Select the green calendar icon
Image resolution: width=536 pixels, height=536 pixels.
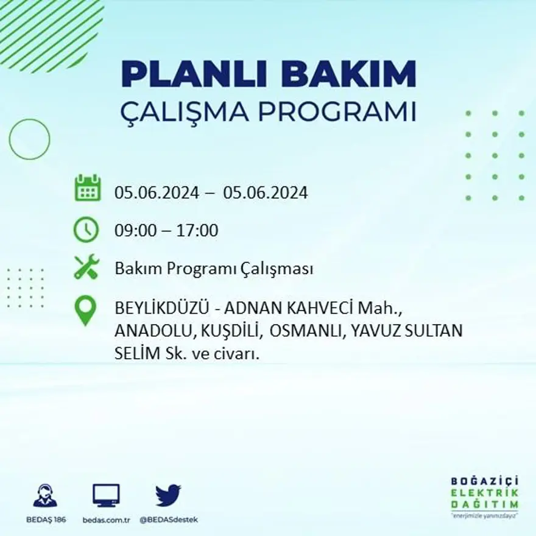[x=88, y=188]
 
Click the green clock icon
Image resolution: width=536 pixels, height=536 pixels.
[x=86, y=230]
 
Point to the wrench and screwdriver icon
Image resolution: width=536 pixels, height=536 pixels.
[x=86, y=267]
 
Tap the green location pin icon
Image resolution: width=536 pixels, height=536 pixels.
[x=85, y=309]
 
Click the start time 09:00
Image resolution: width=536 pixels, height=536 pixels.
[x=133, y=231]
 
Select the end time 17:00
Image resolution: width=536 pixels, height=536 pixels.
[x=197, y=231]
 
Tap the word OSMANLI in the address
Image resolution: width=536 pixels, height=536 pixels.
[x=297, y=331]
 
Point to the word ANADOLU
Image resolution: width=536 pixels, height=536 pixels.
[x=152, y=331]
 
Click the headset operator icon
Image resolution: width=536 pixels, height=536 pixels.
[x=45, y=496]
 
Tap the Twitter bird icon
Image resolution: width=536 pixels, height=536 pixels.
[x=168, y=495]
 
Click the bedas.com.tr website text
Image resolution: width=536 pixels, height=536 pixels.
[x=106, y=520]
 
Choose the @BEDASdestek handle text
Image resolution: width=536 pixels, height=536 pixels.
[x=169, y=520]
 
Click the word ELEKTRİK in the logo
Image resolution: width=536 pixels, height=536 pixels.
[x=485, y=493]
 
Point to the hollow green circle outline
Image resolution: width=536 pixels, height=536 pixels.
[x=29, y=139]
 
